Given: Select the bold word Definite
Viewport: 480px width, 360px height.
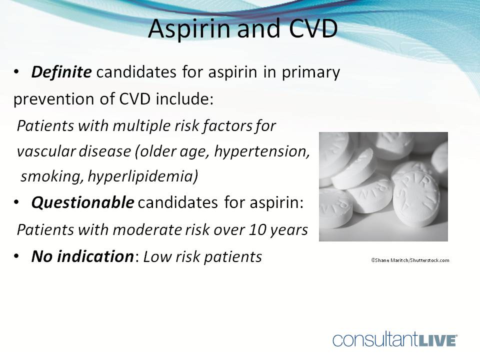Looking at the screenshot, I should (61, 72).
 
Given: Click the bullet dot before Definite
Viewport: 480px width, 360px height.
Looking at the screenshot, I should (17, 73).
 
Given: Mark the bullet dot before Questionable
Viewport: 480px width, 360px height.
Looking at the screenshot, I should (17, 203).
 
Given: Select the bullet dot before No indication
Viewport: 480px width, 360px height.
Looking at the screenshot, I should (17, 257).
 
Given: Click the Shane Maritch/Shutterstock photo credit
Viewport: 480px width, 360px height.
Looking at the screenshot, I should (410, 260).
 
